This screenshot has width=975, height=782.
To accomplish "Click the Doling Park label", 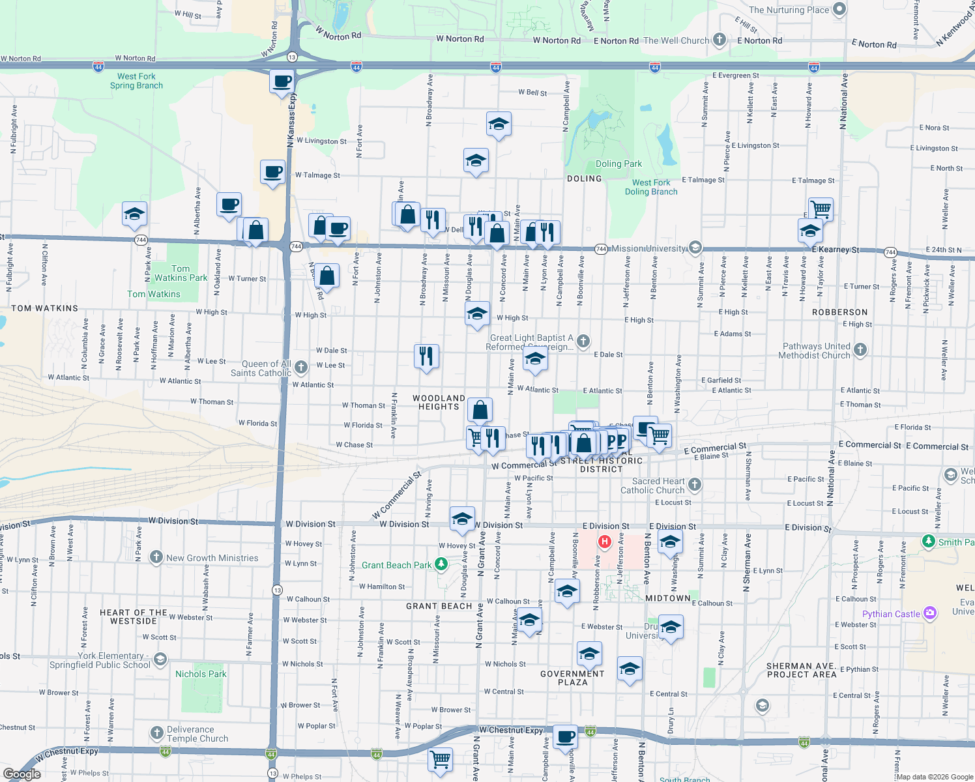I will click(x=618, y=164).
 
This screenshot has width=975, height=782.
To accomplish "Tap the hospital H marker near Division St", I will click(x=605, y=542).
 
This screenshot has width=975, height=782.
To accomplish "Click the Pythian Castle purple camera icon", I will click(x=930, y=613).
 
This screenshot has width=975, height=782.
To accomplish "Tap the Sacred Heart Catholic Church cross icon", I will click(x=695, y=484).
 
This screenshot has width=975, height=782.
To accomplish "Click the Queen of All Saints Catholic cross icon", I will click(x=301, y=368).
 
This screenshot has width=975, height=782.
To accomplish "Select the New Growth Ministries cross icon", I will click(x=156, y=557).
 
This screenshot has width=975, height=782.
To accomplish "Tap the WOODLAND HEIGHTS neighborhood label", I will click(x=439, y=402).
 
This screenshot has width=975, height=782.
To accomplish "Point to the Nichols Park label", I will click(x=201, y=674).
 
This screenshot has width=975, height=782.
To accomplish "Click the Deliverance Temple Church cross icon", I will click(x=156, y=734).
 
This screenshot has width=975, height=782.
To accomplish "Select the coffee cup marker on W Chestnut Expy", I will click(x=566, y=736).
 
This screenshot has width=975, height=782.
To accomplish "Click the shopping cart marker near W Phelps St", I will click(x=441, y=759).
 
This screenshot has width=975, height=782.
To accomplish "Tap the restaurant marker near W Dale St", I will click(x=426, y=356).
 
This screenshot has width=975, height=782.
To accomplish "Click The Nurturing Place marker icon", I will click(x=839, y=9).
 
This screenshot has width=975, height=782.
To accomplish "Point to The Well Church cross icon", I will click(x=720, y=40).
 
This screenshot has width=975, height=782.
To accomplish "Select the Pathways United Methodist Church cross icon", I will click(x=860, y=350).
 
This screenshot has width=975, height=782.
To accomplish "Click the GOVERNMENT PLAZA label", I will click(x=573, y=678).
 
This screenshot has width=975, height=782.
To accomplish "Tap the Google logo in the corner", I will click(x=22, y=774).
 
